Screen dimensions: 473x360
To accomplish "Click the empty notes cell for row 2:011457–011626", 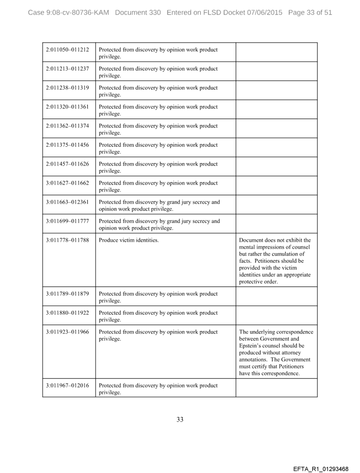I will (276, 166).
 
